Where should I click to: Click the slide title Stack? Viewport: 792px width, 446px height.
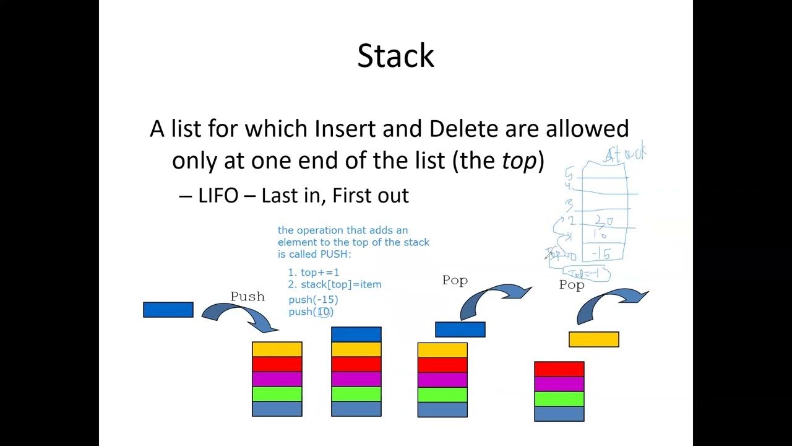point(396,56)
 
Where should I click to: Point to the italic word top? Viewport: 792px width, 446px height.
point(519,161)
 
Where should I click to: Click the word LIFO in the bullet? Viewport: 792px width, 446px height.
point(218,196)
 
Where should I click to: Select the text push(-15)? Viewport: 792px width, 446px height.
point(313,300)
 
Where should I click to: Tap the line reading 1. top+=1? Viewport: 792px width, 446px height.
point(314,272)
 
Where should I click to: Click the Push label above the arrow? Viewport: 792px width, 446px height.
point(247,297)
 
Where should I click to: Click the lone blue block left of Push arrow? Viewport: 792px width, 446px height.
point(168,310)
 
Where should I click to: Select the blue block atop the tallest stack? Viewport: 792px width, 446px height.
point(356,334)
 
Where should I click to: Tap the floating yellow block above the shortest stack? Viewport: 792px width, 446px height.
point(594,339)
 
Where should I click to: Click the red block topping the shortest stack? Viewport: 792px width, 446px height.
point(559,369)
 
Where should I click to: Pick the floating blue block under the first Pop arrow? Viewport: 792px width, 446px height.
point(460,330)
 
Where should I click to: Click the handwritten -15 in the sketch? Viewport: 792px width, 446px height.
point(601,253)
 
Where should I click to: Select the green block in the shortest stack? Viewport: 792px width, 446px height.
point(559,399)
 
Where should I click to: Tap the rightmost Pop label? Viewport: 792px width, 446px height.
point(572,285)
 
